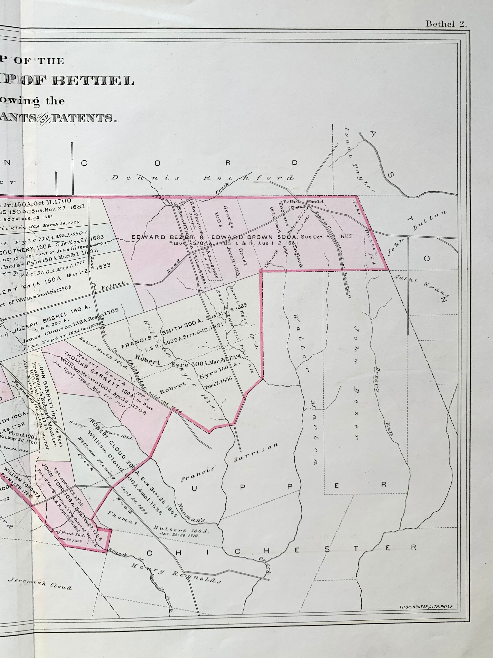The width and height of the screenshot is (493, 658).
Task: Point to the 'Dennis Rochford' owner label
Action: (x=202, y=178)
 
